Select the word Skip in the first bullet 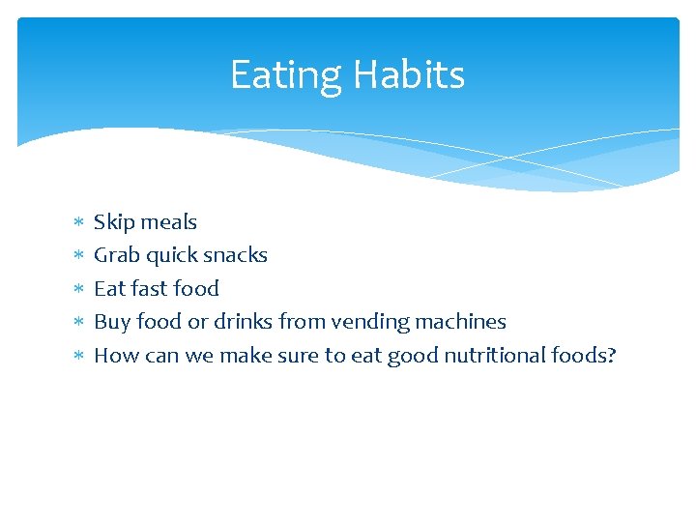click(112, 222)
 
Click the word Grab click(115, 255)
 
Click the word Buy click(110, 322)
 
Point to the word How click(114, 356)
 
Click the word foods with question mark click(583, 356)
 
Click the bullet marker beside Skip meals click(78, 223)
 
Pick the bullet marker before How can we click(78, 357)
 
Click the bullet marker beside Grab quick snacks click(78, 256)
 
